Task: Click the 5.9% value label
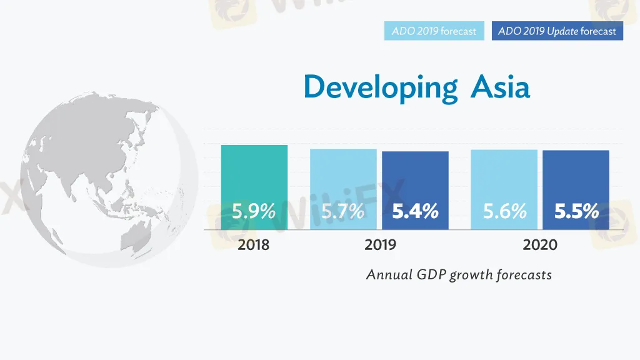click(x=254, y=212)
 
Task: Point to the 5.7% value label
click(x=343, y=212)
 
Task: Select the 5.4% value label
click(x=415, y=212)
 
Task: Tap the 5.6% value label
click(x=504, y=212)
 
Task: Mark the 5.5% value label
click(x=576, y=212)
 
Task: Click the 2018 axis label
click(x=254, y=245)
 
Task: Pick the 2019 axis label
click(x=380, y=245)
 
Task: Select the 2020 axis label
click(x=540, y=245)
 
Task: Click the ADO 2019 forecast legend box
click(x=434, y=31)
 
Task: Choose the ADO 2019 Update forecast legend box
click(x=557, y=31)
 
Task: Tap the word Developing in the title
click(x=381, y=87)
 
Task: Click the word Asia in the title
click(x=500, y=86)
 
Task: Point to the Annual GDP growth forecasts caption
click(x=459, y=274)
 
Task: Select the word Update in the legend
click(x=562, y=31)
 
